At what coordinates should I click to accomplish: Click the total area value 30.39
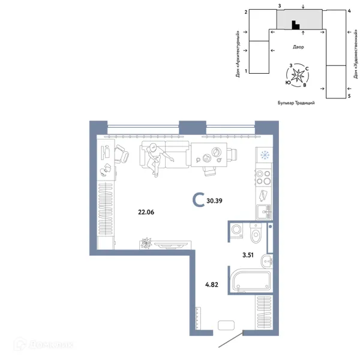(x=214, y=201)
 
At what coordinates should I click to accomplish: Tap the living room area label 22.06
(x=146, y=212)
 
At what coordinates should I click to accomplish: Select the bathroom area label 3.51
(x=248, y=255)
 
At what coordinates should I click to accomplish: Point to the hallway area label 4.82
(x=212, y=284)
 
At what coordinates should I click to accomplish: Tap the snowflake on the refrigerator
(x=265, y=155)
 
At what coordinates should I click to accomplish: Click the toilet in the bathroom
(x=256, y=232)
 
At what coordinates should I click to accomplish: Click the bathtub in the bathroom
(x=251, y=281)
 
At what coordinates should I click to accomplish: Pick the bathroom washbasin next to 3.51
(x=267, y=261)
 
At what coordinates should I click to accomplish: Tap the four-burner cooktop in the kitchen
(x=263, y=177)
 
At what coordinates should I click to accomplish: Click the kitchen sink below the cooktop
(x=264, y=212)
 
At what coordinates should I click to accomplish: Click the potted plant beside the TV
(x=146, y=243)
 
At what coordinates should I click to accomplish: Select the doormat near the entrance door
(x=226, y=325)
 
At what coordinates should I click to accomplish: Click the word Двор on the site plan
(x=298, y=47)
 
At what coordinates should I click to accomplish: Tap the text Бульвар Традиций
(x=296, y=103)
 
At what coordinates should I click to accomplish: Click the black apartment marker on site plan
(x=295, y=25)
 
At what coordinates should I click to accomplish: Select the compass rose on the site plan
(x=298, y=76)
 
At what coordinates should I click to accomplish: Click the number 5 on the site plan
(x=349, y=96)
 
